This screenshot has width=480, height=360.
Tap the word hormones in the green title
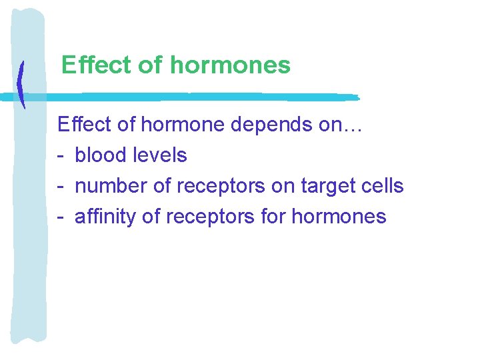click(231, 65)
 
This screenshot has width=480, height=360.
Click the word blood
click(101, 155)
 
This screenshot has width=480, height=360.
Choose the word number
click(111, 186)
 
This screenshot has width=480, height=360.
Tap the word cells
click(383, 186)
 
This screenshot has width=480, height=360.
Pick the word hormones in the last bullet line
click(339, 217)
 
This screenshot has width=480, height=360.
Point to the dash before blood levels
click(61, 156)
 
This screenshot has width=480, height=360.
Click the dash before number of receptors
click(61, 187)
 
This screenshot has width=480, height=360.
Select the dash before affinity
click(61, 217)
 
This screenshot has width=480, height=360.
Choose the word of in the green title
click(151, 65)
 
